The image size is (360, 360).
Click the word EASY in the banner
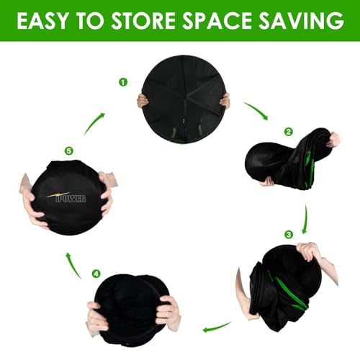pyautogui.click(x=43, y=20)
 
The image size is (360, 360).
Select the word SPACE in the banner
pyautogui.click(x=217, y=20)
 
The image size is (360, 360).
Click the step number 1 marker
pyautogui.click(x=123, y=82)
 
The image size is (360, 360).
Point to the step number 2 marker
pyautogui.click(x=288, y=132)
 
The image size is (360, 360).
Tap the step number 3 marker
pyautogui.click(x=289, y=234)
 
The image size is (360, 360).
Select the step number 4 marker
pyautogui.click(x=96, y=274)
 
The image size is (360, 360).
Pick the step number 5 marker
pyautogui.click(x=69, y=151)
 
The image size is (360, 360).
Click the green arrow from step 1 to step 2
pyautogui.click(x=258, y=109)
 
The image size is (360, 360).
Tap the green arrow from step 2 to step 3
pyautogui.click(x=305, y=219)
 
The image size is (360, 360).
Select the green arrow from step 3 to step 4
pyautogui.click(x=217, y=328)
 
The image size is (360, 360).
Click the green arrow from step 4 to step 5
pyautogui.click(x=73, y=265)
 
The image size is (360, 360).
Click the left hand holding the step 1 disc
pyautogui.click(x=143, y=101)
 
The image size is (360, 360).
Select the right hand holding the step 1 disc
pyautogui.click(x=225, y=100)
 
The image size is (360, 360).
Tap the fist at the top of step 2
pyautogui.click(x=333, y=139)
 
